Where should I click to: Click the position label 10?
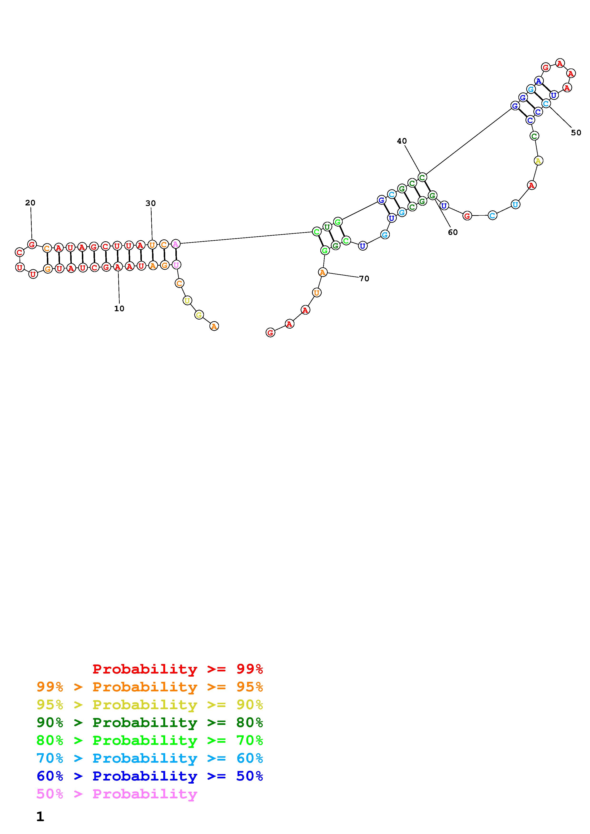click(x=119, y=308)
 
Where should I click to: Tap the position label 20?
click(x=30, y=203)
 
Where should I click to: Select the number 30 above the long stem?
click(x=150, y=203)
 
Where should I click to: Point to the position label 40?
click(x=402, y=141)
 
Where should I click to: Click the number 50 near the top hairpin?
click(x=576, y=133)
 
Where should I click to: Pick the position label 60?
click(x=453, y=232)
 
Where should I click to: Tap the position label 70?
click(x=364, y=279)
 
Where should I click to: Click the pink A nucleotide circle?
click(x=176, y=244)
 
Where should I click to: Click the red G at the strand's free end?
click(x=270, y=332)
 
